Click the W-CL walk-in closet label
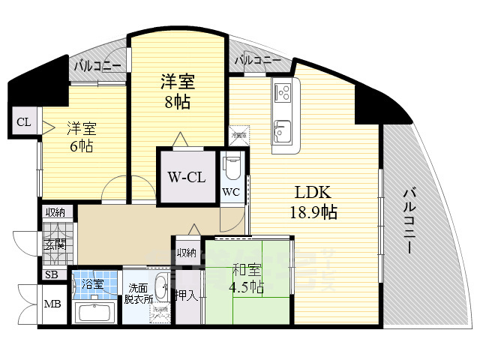187,178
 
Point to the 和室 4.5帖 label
247,278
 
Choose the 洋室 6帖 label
79,136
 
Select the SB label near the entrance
52,274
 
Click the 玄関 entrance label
55,244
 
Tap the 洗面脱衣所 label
139,292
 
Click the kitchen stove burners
285,92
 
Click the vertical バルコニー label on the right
409,221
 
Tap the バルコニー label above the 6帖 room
97,66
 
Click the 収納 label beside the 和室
186,252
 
